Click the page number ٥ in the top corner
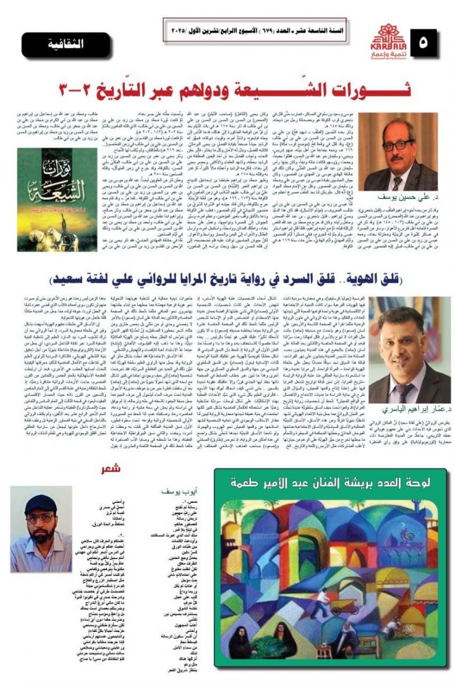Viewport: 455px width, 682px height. coord(432,41)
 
